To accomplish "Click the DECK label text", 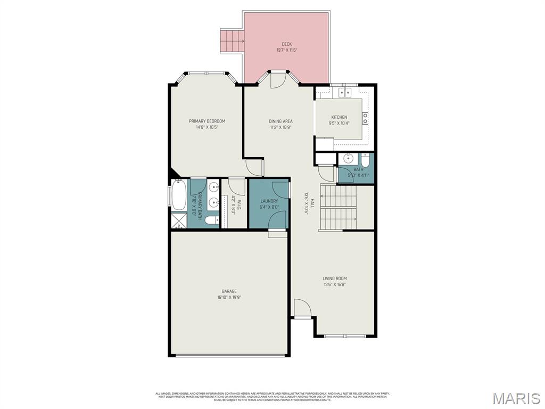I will point(286,44).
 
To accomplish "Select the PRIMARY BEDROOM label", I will point(207,121).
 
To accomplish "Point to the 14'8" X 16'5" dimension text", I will point(207,127).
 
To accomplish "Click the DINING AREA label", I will point(280,121).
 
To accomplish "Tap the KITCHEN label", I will point(339,117).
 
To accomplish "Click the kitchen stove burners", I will point(365,118).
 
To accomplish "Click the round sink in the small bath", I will point(348,158).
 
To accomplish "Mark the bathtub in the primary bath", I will point(178,195).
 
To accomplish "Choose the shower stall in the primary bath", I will point(178,220).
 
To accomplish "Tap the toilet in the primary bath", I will point(211,220).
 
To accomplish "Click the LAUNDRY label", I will point(269,201).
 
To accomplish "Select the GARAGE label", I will point(229,291).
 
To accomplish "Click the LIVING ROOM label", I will point(335,278).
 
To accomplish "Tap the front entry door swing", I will point(302,308).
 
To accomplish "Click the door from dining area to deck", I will point(277,80).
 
